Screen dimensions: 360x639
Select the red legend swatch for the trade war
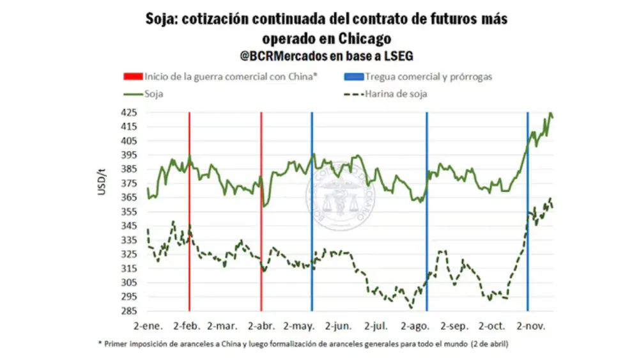pyautogui.click(x=132, y=77)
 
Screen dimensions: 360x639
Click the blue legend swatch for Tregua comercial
pyautogui.click(x=353, y=77)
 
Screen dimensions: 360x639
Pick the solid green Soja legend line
pyautogui.click(x=132, y=94)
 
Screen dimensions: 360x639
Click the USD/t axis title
pyautogui.click(x=102, y=180)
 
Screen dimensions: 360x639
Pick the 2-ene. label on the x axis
pyautogui.click(x=148, y=325)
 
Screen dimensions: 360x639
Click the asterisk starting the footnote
pyautogui.click(x=100, y=343)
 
